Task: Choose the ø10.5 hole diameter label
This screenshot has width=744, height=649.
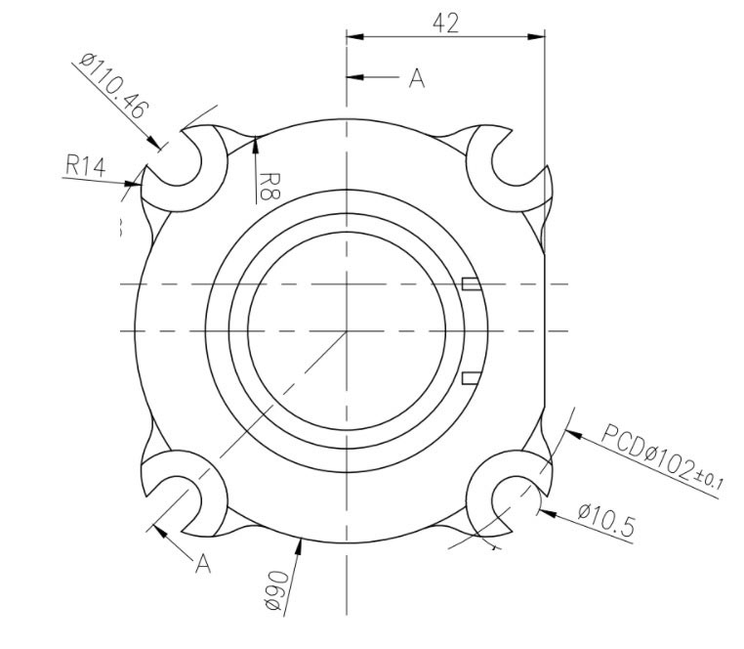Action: (606, 519)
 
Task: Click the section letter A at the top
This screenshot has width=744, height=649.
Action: (417, 79)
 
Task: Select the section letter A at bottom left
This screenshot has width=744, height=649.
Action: (203, 563)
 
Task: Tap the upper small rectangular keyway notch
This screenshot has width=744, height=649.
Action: (470, 284)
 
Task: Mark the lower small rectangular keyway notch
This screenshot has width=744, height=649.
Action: (470, 377)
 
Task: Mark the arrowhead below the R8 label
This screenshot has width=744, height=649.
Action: (256, 144)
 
